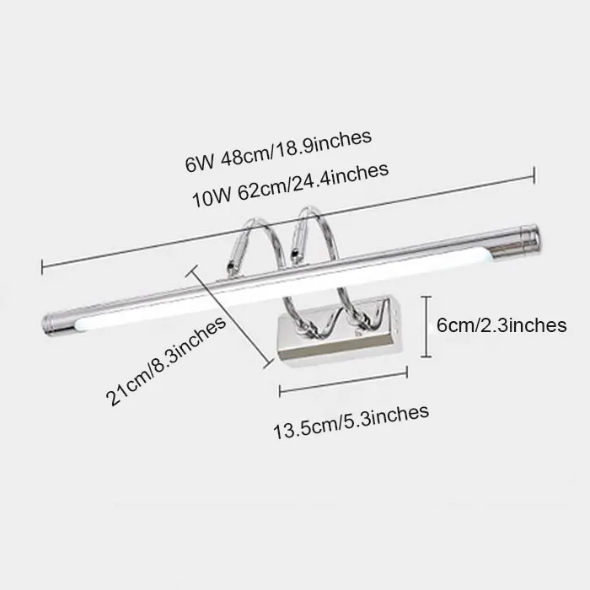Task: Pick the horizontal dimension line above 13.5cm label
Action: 344,389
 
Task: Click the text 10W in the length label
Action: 207,199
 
